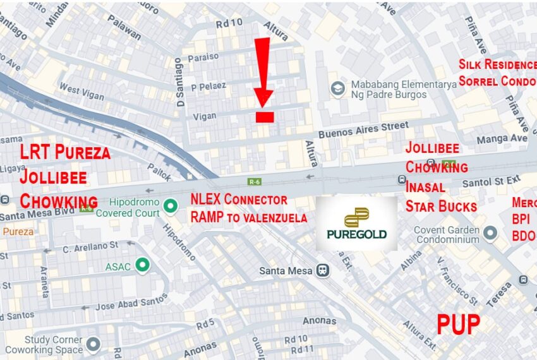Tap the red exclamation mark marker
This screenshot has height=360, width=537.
[x=263, y=79]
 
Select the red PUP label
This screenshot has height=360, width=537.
[x=458, y=325]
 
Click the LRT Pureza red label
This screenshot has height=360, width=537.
[x=65, y=152]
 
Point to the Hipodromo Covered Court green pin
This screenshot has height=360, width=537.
[x=170, y=205]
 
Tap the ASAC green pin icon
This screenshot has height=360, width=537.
[x=143, y=265]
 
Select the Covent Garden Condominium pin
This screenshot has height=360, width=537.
[x=490, y=235]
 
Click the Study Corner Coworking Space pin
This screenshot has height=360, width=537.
[x=94, y=344]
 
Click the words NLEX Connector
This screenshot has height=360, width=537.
[x=239, y=200]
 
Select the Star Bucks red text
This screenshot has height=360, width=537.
[x=441, y=206]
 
